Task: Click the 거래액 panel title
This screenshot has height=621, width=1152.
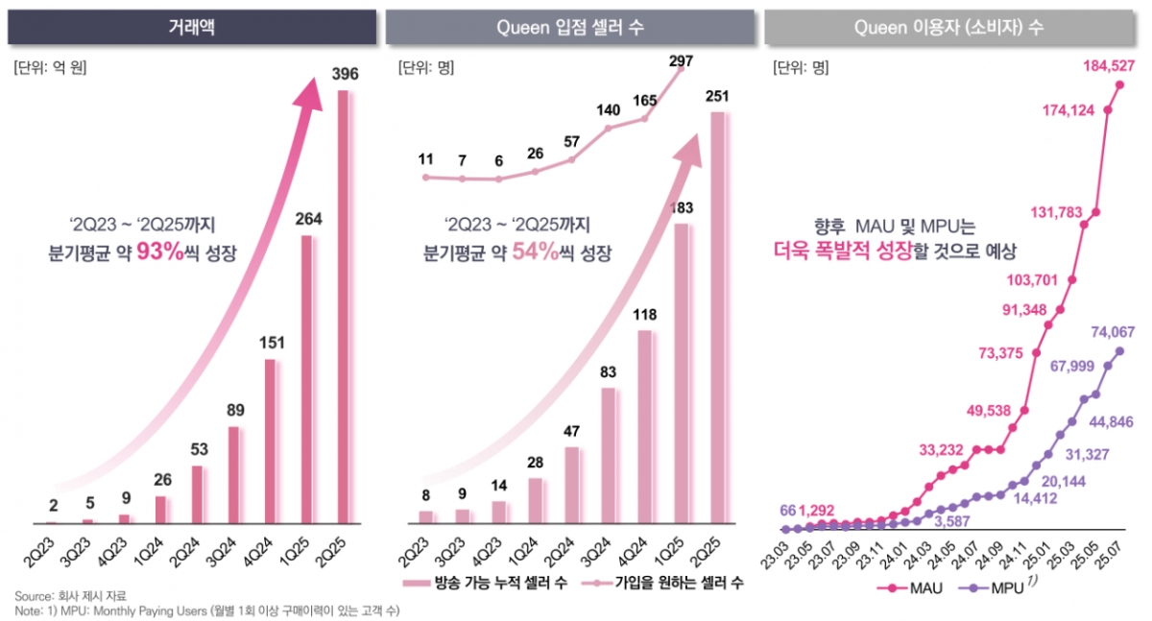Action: click(x=190, y=28)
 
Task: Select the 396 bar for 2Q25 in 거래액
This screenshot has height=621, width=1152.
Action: click(x=347, y=307)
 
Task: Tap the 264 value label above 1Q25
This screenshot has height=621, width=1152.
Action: click(x=308, y=219)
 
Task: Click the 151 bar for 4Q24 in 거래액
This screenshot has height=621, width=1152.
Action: click(x=270, y=442)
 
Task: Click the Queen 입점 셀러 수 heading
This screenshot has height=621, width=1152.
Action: click(x=569, y=28)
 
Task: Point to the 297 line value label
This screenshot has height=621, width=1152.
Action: click(x=681, y=61)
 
